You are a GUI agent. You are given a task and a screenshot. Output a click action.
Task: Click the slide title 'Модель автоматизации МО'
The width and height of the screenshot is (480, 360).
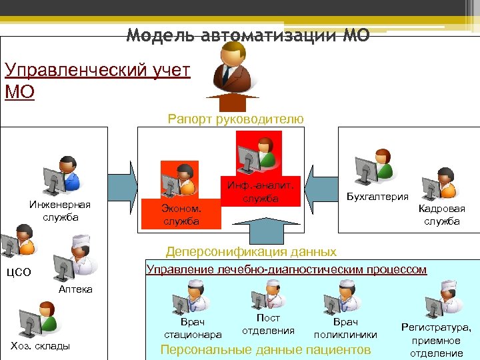247,35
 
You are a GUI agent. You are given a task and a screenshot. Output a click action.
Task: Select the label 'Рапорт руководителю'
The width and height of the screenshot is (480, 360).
235,119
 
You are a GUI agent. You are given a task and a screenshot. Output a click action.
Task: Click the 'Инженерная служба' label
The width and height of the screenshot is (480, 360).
59,211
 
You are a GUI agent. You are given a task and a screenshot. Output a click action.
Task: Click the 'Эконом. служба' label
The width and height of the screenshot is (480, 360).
181,215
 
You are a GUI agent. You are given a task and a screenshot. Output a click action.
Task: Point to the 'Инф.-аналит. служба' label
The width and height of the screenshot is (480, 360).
260,192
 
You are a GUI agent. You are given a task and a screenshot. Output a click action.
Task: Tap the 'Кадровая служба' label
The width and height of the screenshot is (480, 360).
441,215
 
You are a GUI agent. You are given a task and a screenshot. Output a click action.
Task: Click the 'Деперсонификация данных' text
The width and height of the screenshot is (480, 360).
251,252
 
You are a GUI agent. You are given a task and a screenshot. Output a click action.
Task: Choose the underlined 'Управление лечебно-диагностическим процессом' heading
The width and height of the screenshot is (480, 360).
286,269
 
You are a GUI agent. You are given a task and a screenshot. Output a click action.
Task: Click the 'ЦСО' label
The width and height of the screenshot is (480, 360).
18,272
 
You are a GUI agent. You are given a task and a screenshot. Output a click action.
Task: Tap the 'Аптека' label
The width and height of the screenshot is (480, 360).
75,289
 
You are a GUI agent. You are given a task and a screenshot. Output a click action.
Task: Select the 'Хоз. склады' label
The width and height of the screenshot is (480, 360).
41,345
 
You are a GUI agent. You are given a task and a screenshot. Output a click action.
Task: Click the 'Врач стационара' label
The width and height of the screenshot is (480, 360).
193,328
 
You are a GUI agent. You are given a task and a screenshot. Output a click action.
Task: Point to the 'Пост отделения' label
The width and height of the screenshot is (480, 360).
268,325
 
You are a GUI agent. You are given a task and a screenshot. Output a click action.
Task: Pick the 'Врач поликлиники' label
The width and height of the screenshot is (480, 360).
345,328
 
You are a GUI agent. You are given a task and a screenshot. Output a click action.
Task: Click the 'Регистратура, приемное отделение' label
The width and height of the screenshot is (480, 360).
436,340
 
